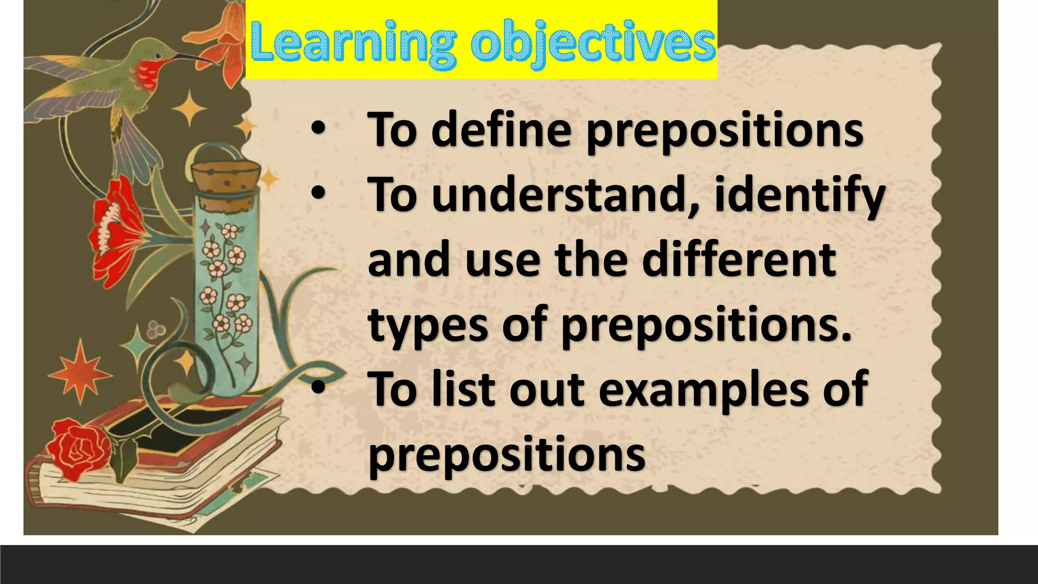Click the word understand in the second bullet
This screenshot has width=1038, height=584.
tap(558, 195)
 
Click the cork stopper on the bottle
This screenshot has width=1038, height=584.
tap(223, 180)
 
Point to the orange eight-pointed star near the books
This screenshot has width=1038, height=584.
tap(80, 375)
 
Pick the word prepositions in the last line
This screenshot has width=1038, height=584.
tap(506, 453)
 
